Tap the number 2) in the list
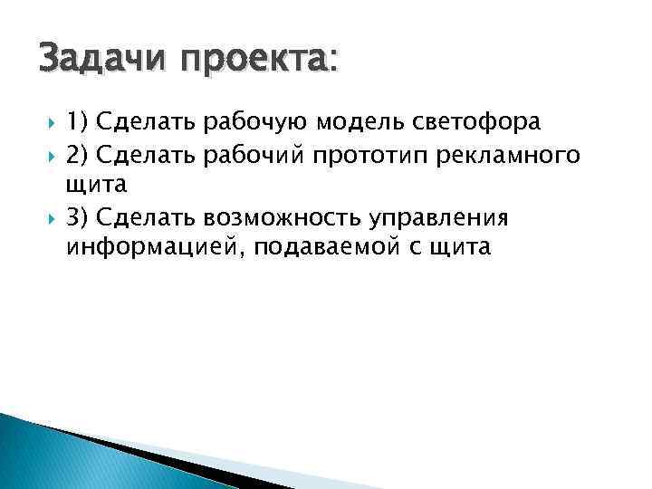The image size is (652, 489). pos(77,156)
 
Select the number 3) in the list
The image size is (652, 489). pos(77,217)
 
